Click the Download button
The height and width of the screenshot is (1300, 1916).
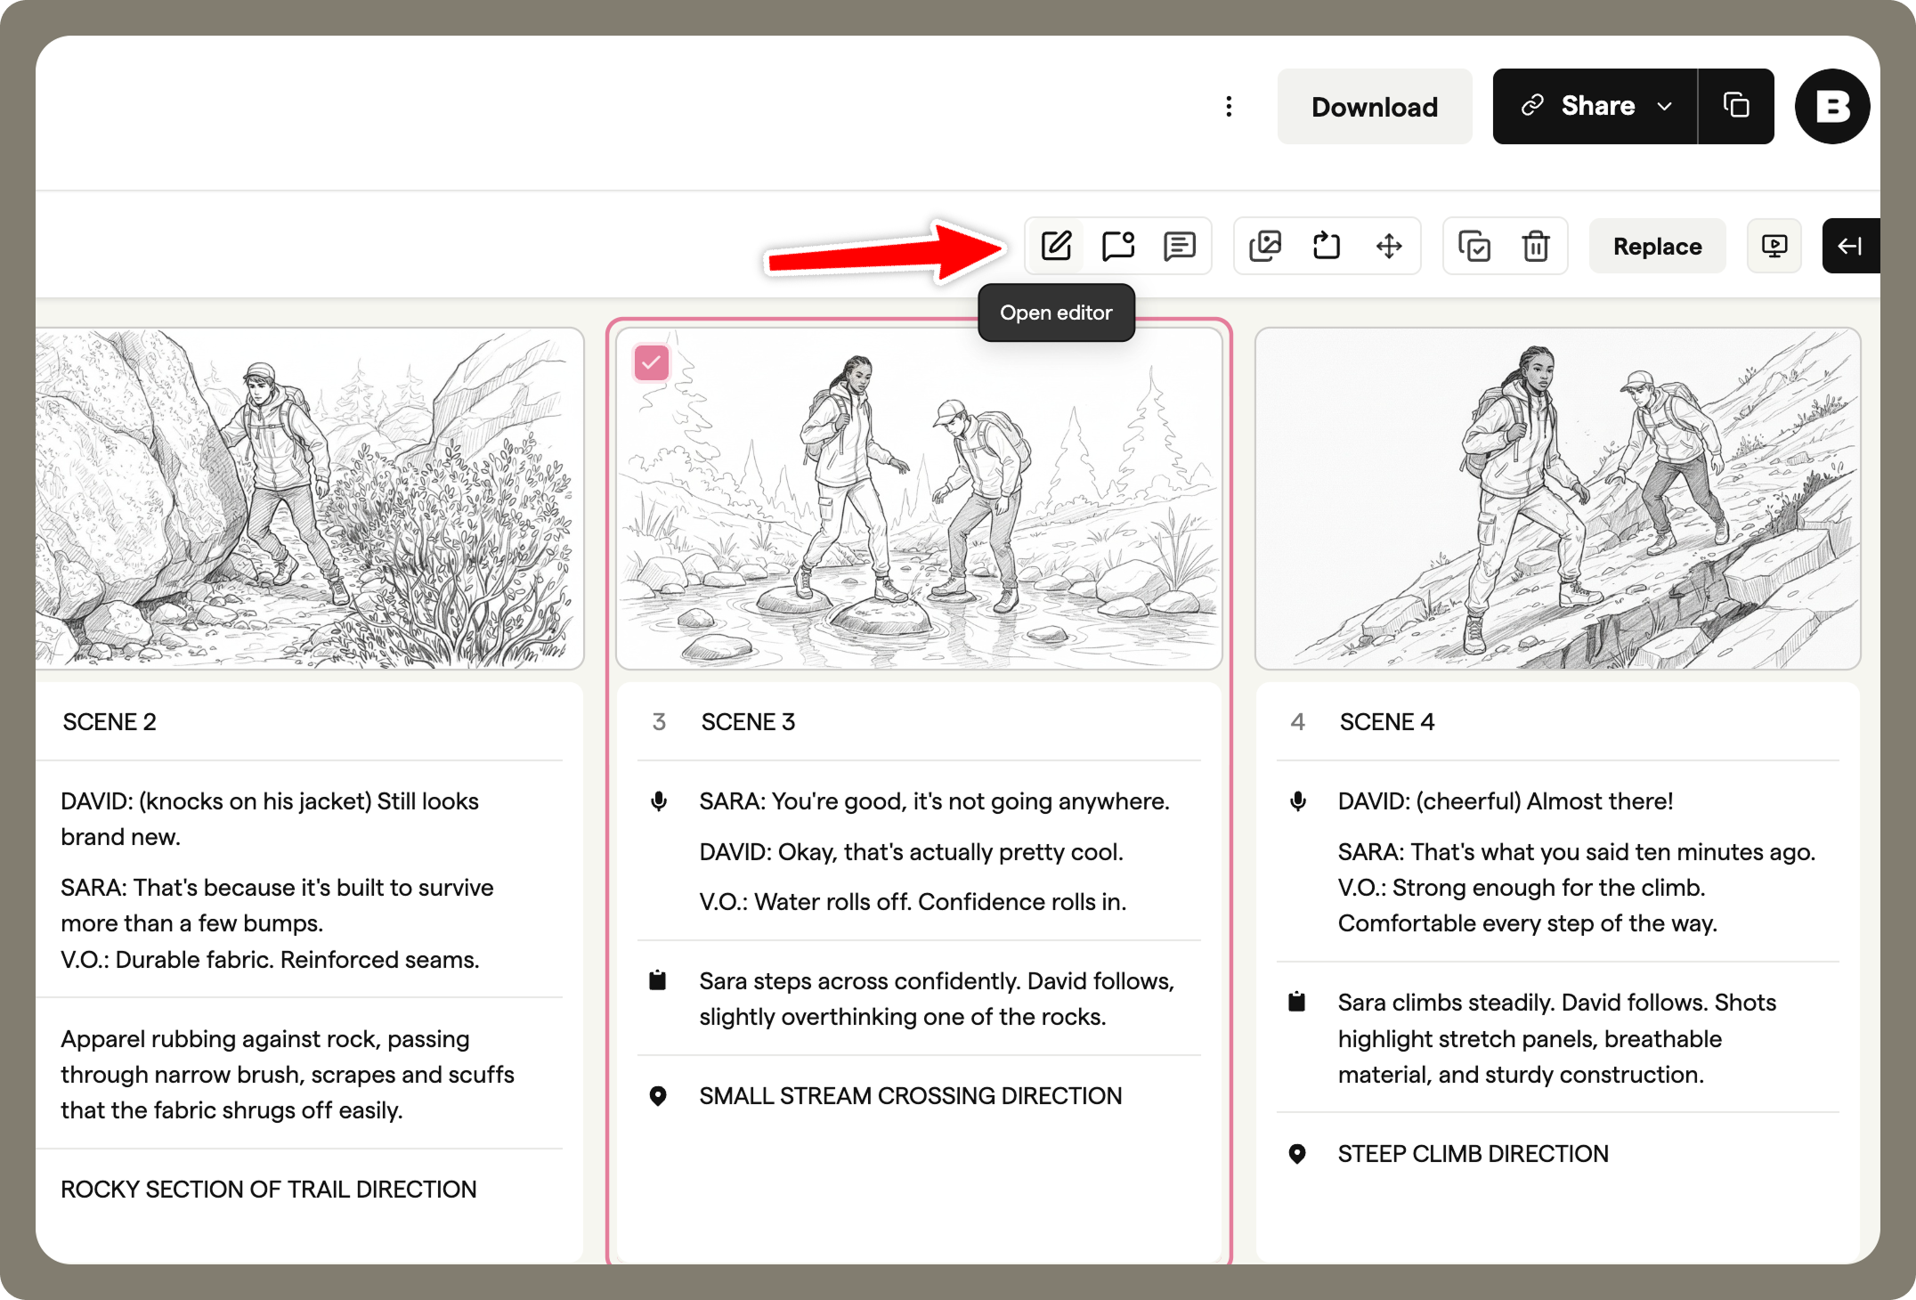coord(1374,107)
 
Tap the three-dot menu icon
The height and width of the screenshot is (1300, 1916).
coord(1229,107)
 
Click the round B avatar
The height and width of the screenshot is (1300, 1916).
coord(1831,107)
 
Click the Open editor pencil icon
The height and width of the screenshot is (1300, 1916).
coord(1056,246)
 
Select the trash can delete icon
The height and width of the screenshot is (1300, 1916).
coord(1536,246)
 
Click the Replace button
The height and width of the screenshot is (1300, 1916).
coord(1657,247)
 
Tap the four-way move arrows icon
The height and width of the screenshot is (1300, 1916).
coord(1389,246)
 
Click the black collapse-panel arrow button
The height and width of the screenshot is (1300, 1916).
coord(1850,246)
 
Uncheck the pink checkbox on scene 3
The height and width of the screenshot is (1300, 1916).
coord(652,363)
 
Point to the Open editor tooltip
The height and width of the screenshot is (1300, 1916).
coord(1056,313)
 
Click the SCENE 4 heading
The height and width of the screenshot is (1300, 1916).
coord(1386,722)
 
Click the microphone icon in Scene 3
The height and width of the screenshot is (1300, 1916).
coord(659,801)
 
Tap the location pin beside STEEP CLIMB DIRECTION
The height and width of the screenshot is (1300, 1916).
coord(1297,1154)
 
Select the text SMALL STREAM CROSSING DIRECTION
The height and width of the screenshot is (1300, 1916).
coord(910,1096)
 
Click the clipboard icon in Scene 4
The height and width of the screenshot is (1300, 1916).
coord(1297,1003)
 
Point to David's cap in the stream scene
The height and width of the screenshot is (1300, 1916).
coord(950,410)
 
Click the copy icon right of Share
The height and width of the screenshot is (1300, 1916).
coord(1736,106)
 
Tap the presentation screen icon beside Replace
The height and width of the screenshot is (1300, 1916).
coord(1774,246)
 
